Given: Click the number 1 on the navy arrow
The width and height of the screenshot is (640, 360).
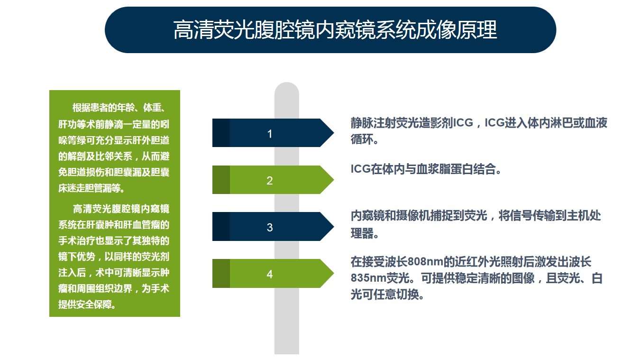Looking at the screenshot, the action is click(x=269, y=134).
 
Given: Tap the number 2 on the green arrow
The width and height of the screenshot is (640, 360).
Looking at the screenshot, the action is click(x=269, y=180).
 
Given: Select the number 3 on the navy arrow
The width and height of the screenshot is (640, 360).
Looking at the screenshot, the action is click(x=269, y=227).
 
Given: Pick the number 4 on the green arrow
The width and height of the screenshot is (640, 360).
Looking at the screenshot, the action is click(x=269, y=274).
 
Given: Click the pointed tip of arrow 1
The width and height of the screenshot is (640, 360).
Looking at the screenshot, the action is click(x=334, y=133).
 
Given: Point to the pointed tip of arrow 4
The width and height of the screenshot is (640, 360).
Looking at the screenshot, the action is click(x=334, y=273).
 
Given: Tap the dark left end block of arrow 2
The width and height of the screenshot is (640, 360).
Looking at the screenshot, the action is click(x=221, y=180).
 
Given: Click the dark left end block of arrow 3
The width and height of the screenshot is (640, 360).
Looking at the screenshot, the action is click(x=221, y=226).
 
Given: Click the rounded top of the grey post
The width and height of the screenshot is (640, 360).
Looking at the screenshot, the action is click(x=286, y=83).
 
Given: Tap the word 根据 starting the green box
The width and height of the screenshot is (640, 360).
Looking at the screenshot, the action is click(x=82, y=108).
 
